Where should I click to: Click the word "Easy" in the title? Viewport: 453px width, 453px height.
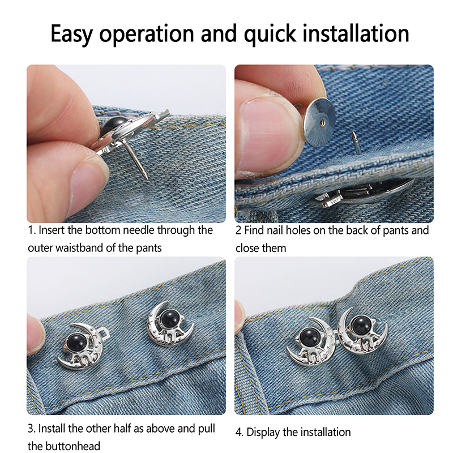72,34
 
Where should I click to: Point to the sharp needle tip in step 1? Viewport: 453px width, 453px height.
147,178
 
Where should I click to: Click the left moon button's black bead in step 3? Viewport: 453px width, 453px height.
76,343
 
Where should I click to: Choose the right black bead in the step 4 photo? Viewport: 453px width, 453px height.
361,324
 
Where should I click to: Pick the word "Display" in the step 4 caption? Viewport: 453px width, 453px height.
264,432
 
